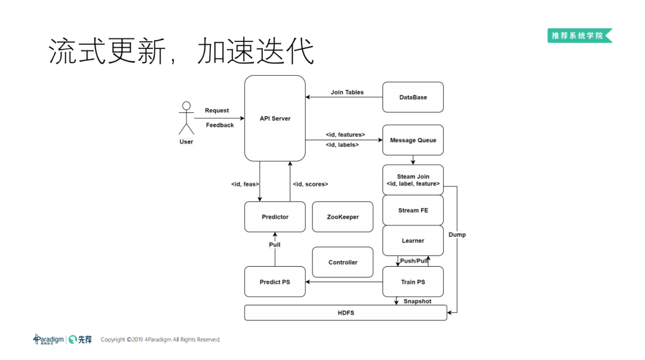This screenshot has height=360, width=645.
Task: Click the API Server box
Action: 275,118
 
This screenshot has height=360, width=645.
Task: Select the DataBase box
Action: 413,97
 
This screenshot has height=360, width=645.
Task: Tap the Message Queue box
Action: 413,140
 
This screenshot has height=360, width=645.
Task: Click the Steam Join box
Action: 413,180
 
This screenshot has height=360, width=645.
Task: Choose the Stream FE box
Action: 413,210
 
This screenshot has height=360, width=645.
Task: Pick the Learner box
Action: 413,241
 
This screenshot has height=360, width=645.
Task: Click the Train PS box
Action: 413,282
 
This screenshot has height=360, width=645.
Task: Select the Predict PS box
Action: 275,282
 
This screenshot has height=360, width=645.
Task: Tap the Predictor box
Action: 275,217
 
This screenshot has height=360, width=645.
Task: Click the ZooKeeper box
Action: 343,217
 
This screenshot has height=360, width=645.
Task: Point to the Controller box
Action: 343,262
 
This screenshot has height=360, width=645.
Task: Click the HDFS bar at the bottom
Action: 346,312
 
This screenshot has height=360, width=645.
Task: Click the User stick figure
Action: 186,119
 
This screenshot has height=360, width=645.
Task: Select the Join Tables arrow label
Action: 347,93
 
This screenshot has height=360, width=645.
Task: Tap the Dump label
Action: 457,235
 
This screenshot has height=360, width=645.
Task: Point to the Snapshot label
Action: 417,301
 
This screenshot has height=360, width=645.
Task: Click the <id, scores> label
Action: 310,184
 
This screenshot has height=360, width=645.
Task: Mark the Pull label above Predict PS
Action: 274,245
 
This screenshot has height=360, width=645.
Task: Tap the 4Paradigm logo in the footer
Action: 48,339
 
